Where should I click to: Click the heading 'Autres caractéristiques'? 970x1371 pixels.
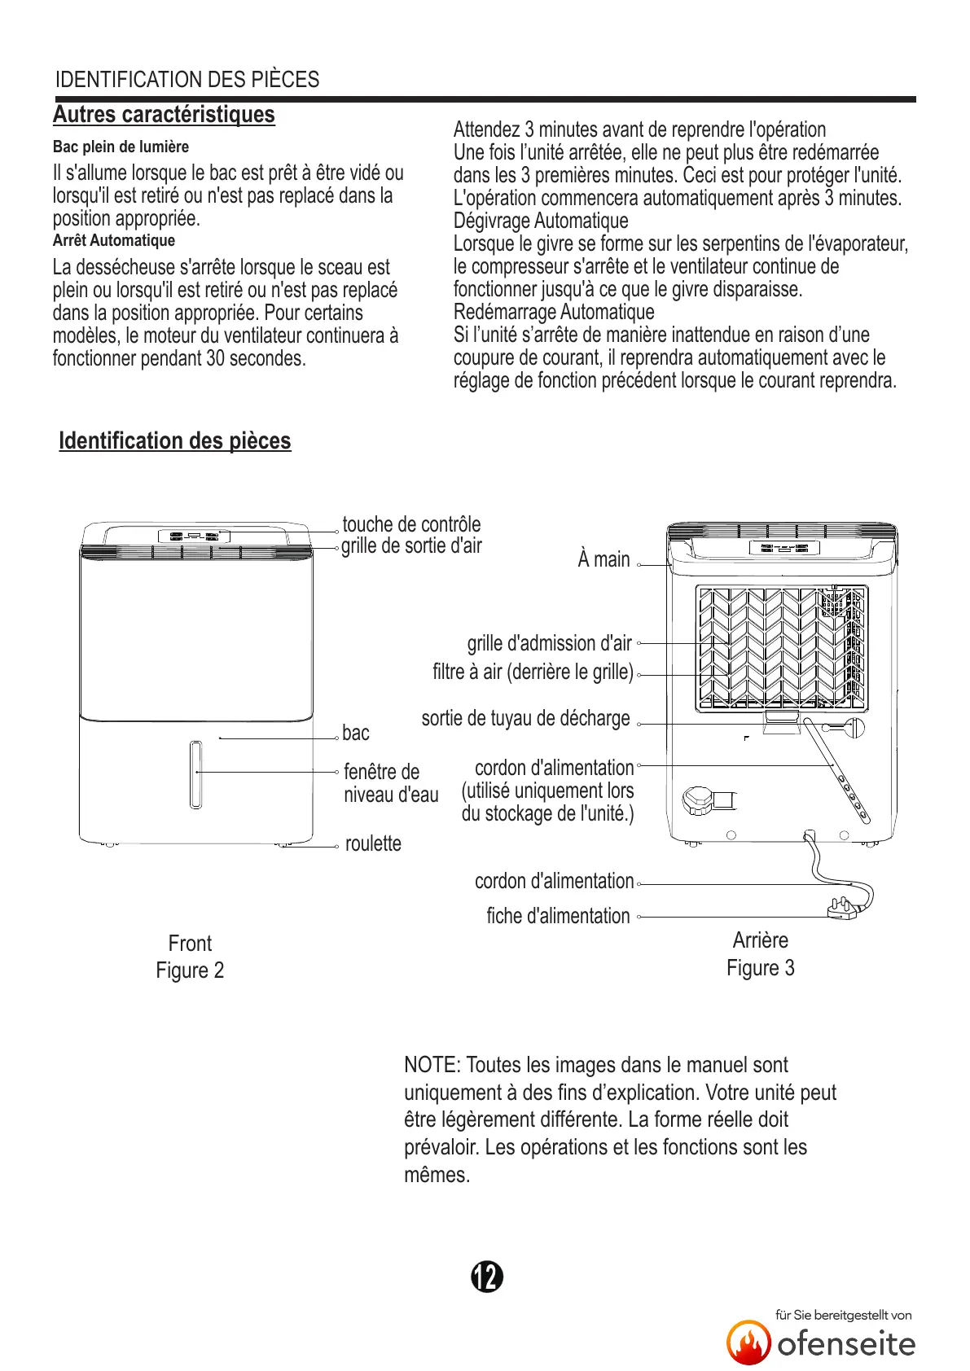(164, 115)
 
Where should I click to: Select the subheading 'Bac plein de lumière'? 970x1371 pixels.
(121, 147)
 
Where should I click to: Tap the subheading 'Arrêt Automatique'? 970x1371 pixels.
(114, 241)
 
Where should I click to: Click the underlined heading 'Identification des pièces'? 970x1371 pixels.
(174, 441)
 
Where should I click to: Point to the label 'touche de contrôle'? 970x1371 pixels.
(411, 524)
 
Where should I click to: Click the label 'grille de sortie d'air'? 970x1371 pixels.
(411, 546)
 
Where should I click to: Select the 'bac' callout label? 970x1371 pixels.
(356, 734)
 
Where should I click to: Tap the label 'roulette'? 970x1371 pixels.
(373, 843)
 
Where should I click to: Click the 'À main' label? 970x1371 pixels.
(604, 560)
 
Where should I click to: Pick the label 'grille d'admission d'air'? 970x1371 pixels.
(550, 644)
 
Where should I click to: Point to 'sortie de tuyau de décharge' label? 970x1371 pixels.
(525, 719)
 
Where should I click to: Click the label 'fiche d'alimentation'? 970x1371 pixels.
(558, 917)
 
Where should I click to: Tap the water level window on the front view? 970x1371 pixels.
(195, 774)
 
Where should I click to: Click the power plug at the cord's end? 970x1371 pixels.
(843, 906)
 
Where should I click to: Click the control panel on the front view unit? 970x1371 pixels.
(194, 537)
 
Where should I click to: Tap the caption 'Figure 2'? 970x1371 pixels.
(190, 970)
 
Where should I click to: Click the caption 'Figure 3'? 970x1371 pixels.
(761, 968)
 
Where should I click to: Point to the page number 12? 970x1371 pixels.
(487, 1277)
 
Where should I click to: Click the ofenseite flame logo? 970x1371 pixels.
(748, 1343)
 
